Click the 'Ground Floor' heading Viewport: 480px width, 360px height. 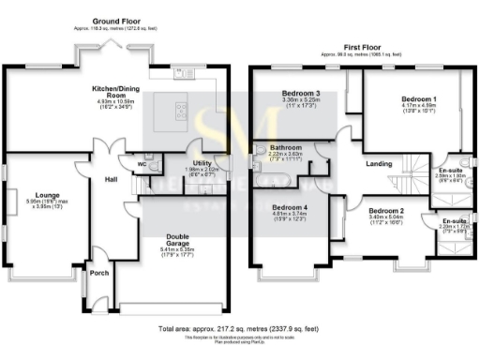tap(116, 20)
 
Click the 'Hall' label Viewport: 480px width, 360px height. tap(111, 178)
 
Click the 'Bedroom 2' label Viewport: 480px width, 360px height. tap(386, 211)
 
